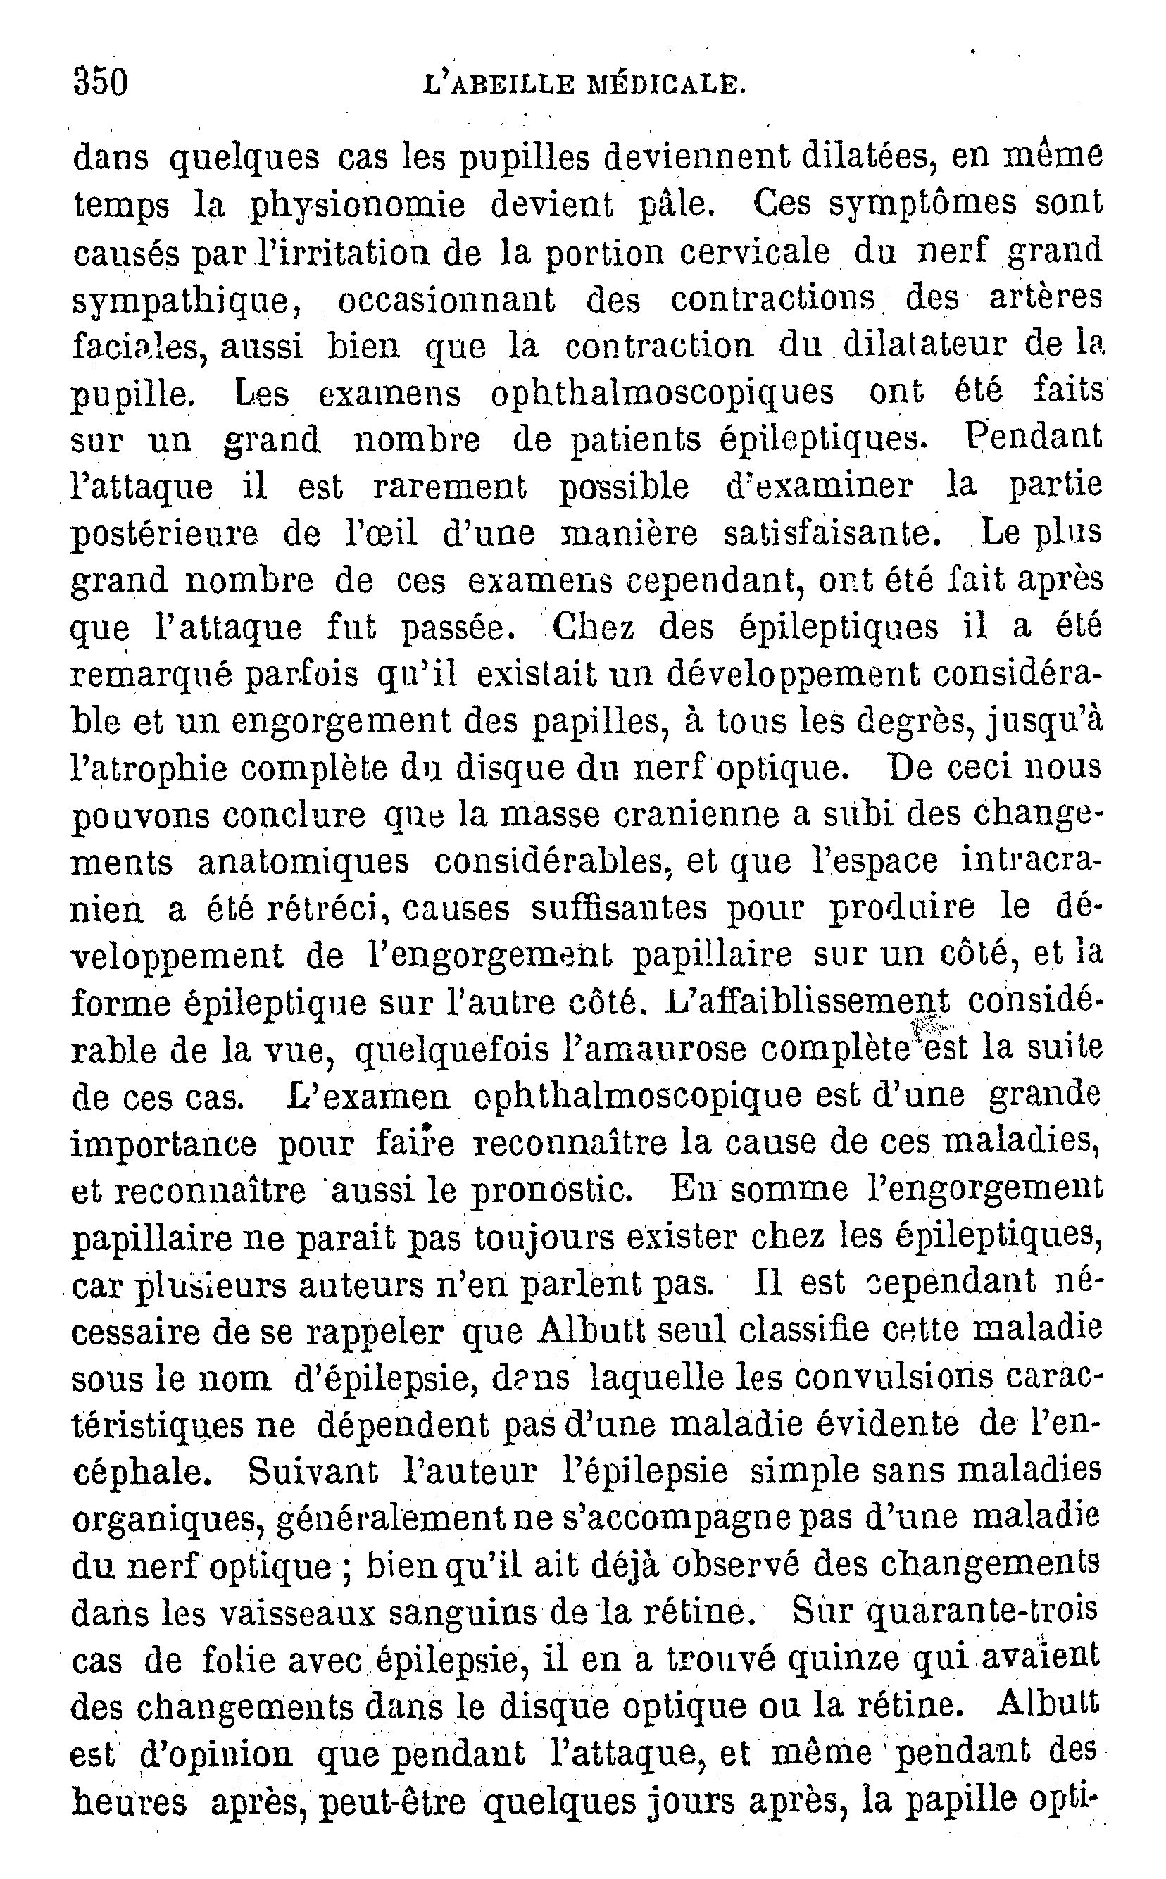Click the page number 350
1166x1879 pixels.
[100, 82]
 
